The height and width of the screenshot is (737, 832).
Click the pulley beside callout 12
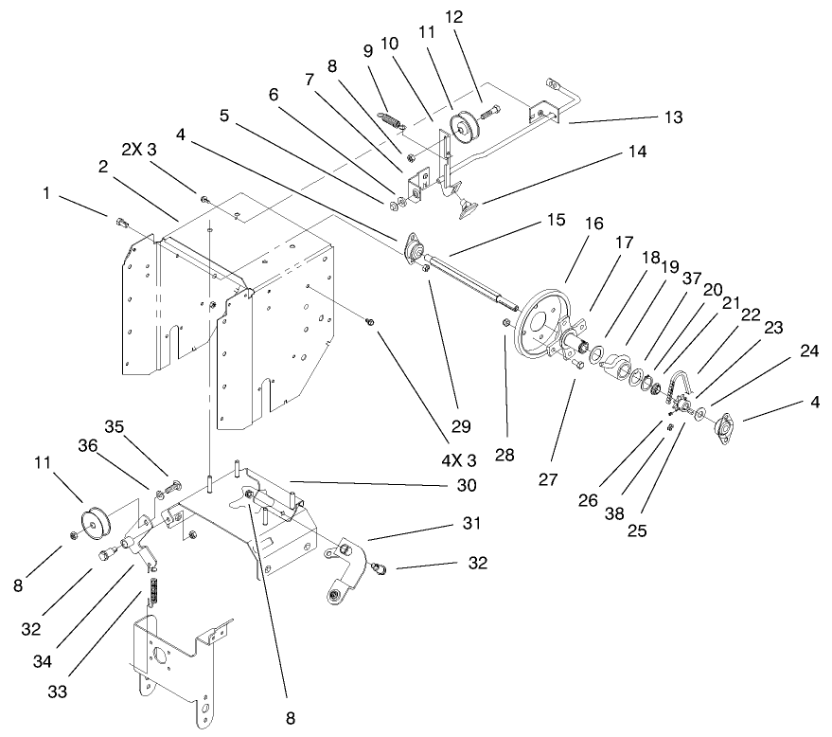pos(465,126)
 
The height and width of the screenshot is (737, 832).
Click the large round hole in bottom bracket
pos(159,655)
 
